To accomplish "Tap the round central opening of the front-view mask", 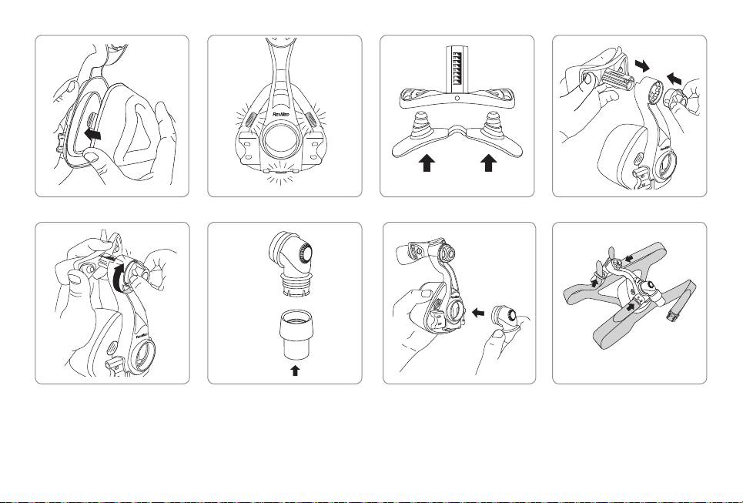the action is [x=285, y=146].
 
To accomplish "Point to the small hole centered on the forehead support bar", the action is [x=457, y=99].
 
